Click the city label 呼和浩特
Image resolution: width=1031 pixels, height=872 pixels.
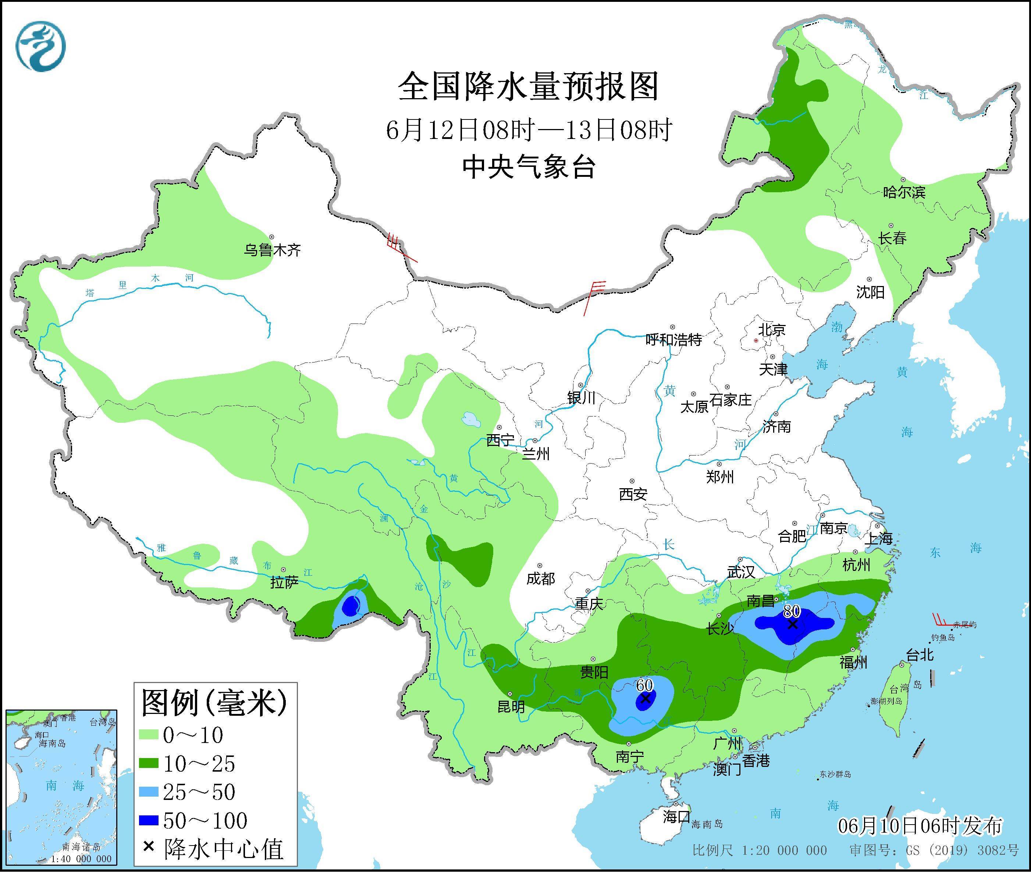click(674, 340)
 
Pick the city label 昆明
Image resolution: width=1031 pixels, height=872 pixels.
click(511, 707)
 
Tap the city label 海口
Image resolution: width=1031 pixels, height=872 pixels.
click(676, 816)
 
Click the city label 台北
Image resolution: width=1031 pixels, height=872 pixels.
click(920, 655)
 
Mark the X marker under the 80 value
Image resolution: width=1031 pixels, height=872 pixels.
click(792, 624)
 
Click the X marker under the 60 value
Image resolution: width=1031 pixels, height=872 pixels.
click(645, 698)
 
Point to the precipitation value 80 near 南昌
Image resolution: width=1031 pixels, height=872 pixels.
click(792, 611)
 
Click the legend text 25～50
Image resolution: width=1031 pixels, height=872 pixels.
click(199, 793)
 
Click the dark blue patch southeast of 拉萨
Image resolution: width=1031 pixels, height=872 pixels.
click(351, 605)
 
